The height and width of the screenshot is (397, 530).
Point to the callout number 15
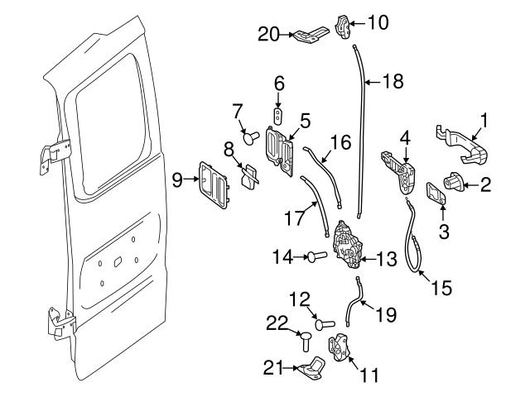pyautogui.click(x=441, y=289)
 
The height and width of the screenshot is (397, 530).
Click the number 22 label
pyautogui.click(x=277, y=324)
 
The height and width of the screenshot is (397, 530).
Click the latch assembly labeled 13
pyautogui.click(x=348, y=249)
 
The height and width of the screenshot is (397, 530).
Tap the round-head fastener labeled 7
pyautogui.click(x=249, y=135)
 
